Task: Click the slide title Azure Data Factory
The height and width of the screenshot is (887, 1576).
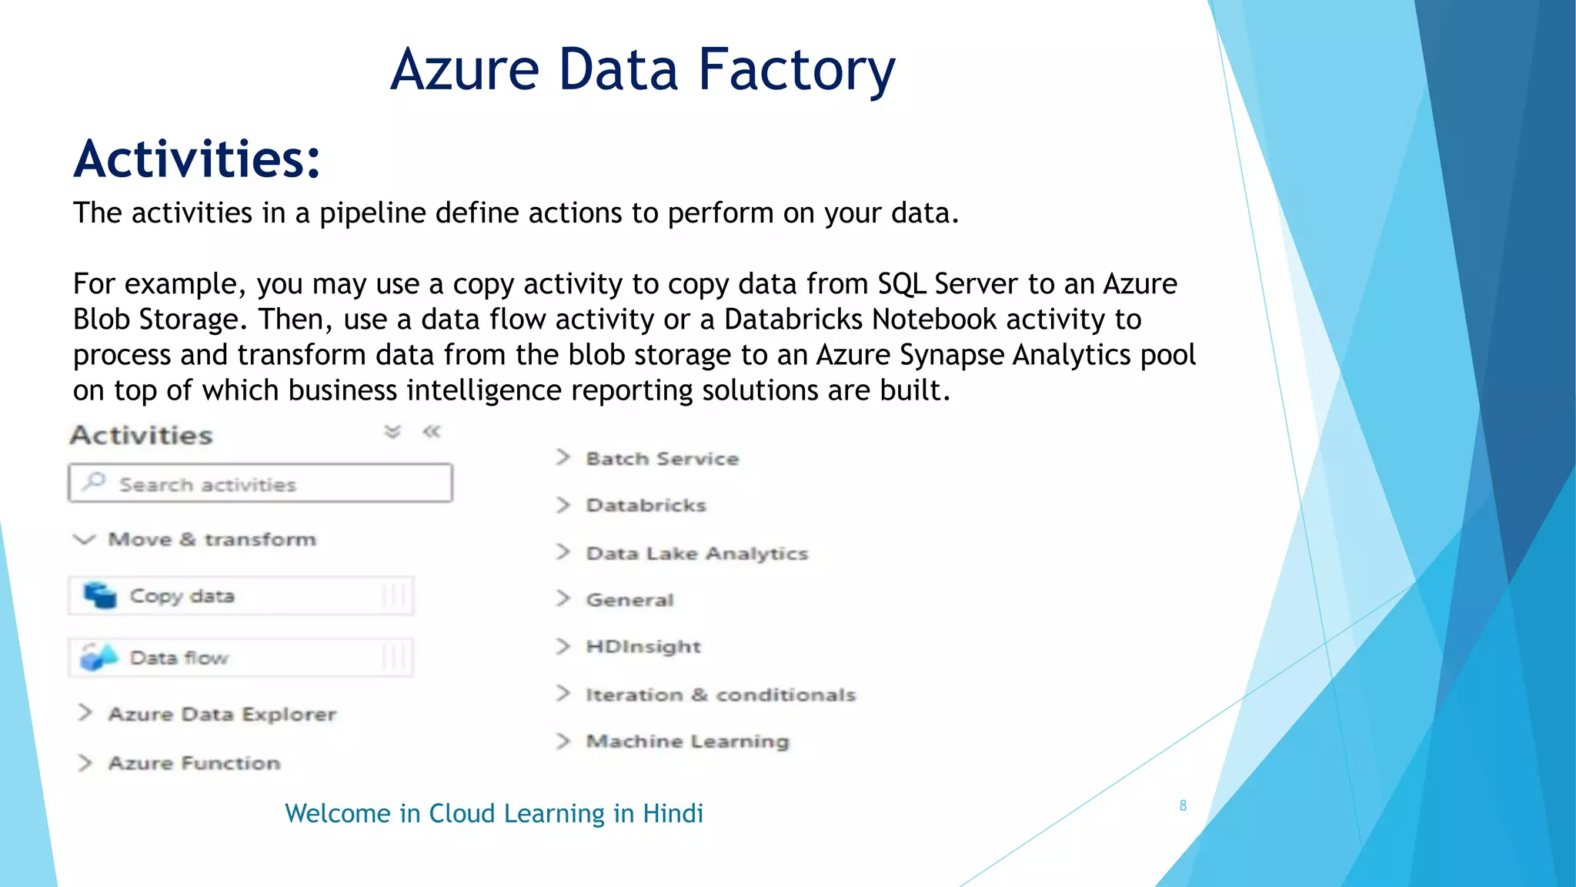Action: tap(643, 69)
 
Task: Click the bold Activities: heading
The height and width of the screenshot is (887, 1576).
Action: tap(197, 159)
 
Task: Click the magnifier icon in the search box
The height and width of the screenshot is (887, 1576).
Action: tap(95, 482)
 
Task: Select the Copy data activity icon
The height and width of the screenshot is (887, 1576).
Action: tap(99, 595)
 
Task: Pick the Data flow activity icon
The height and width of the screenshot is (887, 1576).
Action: tap(99, 657)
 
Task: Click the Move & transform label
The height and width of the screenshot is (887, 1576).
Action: tap(212, 539)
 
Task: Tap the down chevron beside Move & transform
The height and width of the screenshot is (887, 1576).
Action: tap(84, 539)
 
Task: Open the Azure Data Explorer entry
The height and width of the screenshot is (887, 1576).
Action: tap(222, 714)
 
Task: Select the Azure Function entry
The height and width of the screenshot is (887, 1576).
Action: tap(194, 763)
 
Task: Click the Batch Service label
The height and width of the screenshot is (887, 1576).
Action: tap(662, 458)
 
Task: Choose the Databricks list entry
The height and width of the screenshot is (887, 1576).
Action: tap(646, 505)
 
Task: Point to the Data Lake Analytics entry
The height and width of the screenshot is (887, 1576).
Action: tap(696, 553)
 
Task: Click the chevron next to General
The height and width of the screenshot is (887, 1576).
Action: tap(563, 599)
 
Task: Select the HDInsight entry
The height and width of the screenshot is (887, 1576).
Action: tap(643, 646)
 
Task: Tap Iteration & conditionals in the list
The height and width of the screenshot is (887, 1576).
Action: tap(720, 695)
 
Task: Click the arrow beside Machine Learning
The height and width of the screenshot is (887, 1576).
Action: tap(563, 741)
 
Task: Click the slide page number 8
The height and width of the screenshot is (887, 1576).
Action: tap(1183, 805)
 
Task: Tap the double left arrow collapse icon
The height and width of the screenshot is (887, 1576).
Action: tap(432, 432)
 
